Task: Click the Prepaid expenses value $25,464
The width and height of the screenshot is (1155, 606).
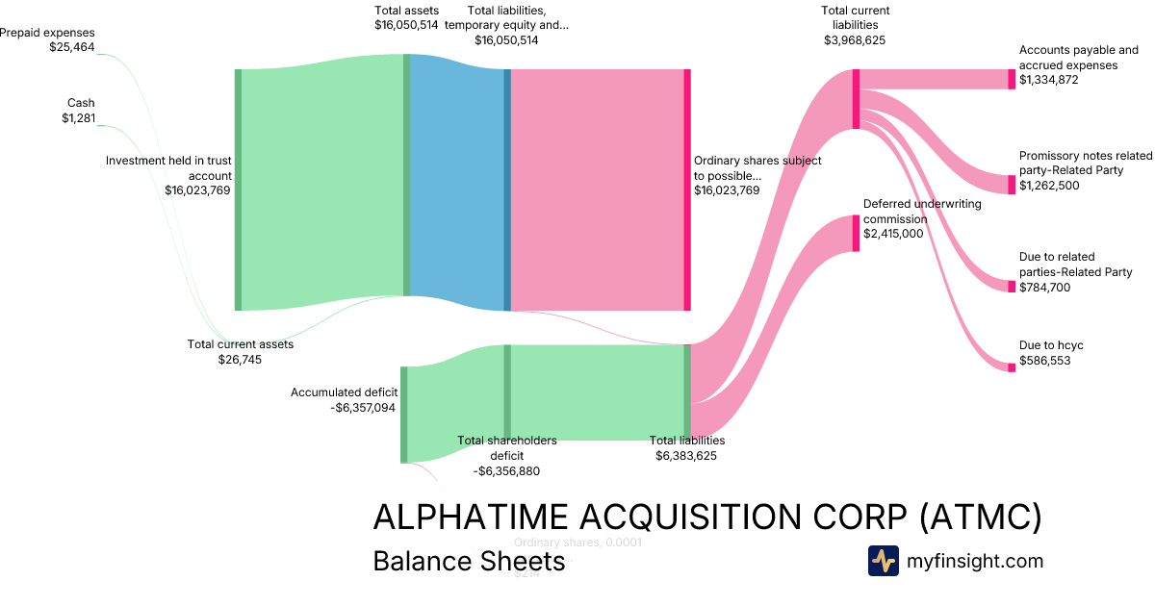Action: point(72,47)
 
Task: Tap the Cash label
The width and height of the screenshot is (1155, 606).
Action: point(81,103)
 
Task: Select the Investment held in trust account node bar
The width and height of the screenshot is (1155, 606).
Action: point(238,189)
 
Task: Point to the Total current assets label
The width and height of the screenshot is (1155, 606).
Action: point(241,344)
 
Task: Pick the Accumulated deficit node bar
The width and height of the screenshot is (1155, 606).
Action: point(404,415)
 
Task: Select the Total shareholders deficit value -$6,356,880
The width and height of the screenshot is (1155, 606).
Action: point(506,471)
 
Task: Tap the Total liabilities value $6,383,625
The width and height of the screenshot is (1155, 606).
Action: point(686,456)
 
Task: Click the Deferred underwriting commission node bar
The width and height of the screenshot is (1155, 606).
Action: point(855,233)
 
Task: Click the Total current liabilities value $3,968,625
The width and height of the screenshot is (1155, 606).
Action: point(855,40)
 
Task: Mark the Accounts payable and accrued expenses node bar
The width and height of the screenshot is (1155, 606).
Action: point(1011,80)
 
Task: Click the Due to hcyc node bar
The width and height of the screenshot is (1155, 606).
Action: point(1012,367)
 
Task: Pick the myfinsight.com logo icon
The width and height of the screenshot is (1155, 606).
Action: point(883,561)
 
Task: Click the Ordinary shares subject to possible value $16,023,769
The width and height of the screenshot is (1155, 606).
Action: point(727,190)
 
